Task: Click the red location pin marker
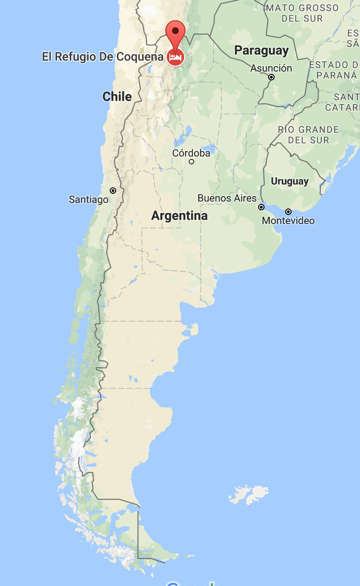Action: pos(175,33)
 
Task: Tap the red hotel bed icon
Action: pos(175,57)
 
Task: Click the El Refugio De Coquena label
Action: pos(102,56)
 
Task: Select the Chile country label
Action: pos(117,96)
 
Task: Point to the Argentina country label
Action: pos(180,215)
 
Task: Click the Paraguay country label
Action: pos(261,51)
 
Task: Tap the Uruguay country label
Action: pos(289,181)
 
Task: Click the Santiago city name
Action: pos(89,199)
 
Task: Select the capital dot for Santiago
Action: pos(113,190)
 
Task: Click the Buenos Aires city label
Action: pos(227,198)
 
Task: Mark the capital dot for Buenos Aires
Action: pos(261,207)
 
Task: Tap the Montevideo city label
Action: pos(288,221)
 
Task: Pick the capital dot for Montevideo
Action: pos(288,212)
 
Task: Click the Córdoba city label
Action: pos(191,153)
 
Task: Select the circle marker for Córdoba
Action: pos(191,162)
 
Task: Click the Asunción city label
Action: pos(271,68)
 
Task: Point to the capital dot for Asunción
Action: pos(271,77)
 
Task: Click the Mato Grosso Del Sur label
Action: pos(303,13)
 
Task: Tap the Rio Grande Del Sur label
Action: pos(308,135)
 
